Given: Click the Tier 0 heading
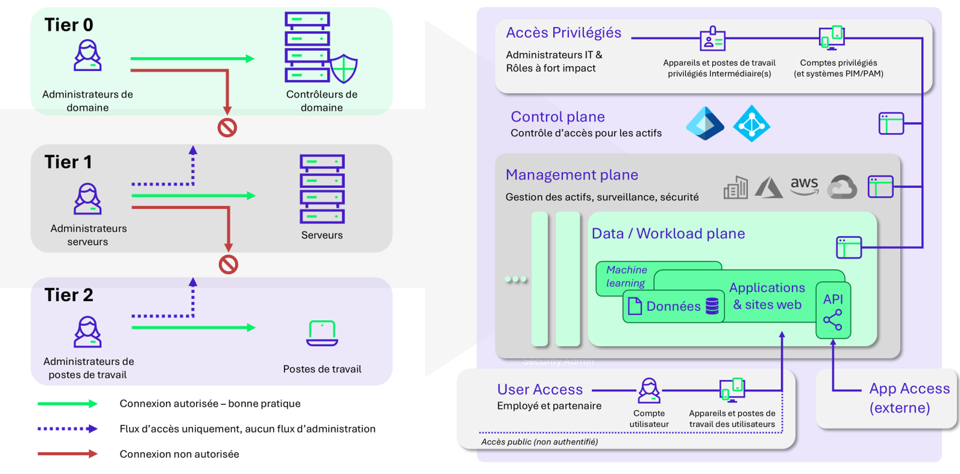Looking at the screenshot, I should coord(69,25).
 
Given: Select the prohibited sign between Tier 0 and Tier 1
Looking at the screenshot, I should coord(227,127).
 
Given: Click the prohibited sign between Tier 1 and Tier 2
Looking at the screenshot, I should coord(228,264).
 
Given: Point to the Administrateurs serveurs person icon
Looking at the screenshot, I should coord(88,199).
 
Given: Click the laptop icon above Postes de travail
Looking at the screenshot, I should coord(322,333).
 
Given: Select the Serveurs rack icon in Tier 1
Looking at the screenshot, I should coord(322,189).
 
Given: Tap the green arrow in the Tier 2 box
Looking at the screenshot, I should coord(193,327).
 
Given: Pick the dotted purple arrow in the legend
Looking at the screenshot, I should coord(67,429).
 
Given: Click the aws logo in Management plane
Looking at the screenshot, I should coord(804,185).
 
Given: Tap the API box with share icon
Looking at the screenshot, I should coord(833,310).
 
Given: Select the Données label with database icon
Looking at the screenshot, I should coord(673,306).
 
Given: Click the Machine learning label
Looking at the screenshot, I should coord(626,276).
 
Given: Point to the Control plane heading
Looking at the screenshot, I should coord(557,117).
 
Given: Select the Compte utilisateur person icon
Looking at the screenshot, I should coord(649,390).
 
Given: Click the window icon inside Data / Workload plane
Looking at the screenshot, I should coord(848,247).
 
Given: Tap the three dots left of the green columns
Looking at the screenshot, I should coord(515,279).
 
